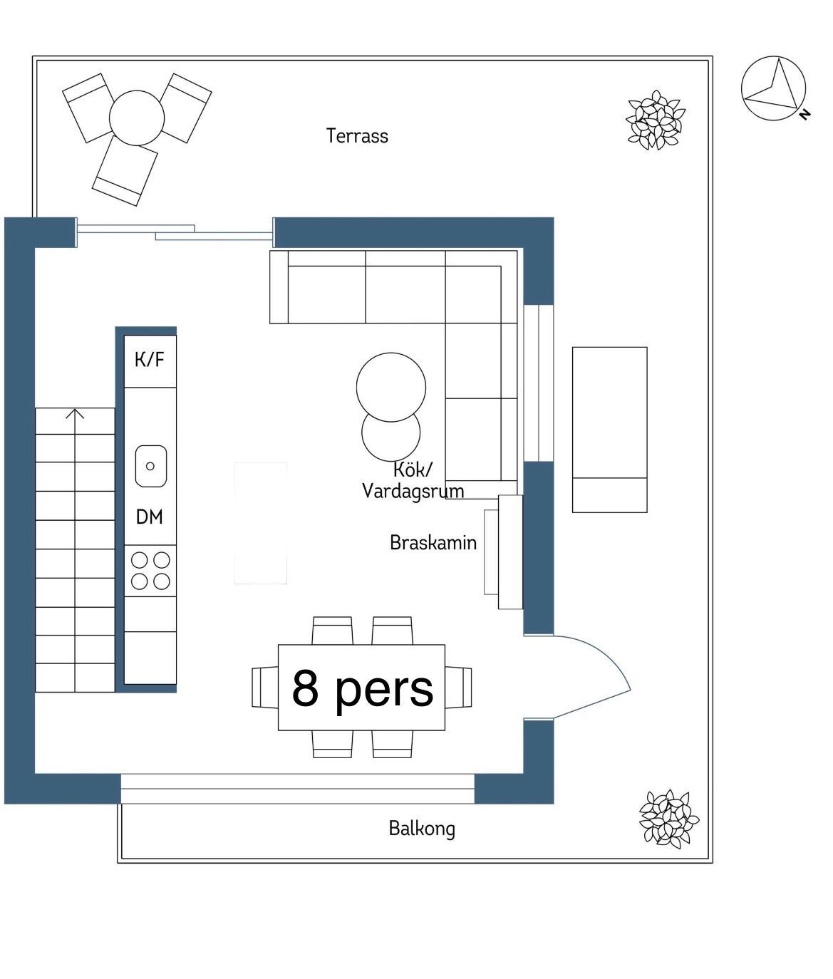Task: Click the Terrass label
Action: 357,136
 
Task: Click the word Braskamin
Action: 433,543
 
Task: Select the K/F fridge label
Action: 149,360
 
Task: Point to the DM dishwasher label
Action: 149,517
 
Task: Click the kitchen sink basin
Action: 150,466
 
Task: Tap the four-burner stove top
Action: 150,571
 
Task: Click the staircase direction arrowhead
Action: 75,414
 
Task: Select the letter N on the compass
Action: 804,114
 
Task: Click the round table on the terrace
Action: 137,118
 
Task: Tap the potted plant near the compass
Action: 656,120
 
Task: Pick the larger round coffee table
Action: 391,387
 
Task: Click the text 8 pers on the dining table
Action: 363,689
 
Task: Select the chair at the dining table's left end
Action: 265,688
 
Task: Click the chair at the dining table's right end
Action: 458,688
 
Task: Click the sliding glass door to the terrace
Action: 175,232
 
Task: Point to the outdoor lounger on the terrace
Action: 609,430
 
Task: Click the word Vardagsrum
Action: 413,492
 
